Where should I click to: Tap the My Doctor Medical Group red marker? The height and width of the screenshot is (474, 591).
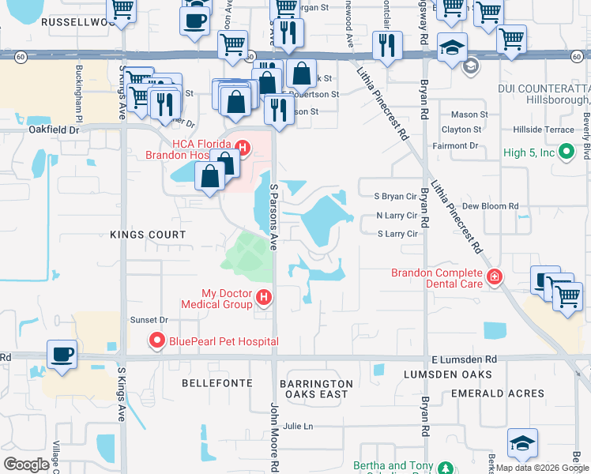click(x=264, y=298)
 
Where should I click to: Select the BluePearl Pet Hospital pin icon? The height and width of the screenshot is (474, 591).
click(x=156, y=341)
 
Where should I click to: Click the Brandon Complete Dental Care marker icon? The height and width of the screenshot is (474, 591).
click(x=495, y=276)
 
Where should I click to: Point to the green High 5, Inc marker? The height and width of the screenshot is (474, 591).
click(x=566, y=151)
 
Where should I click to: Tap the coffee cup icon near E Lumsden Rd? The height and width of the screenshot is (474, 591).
click(x=62, y=354)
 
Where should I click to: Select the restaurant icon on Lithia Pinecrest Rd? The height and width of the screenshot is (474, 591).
click(x=387, y=47)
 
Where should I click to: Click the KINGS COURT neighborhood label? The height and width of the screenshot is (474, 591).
click(x=148, y=235)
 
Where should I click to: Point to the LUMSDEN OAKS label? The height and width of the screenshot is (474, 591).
click(x=447, y=374)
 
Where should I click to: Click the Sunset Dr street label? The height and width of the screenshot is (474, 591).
click(x=149, y=320)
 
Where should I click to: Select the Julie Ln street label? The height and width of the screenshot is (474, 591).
click(x=299, y=427)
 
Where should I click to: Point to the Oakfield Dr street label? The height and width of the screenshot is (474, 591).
click(x=55, y=130)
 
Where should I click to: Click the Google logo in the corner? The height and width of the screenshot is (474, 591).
click(x=26, y=465)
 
